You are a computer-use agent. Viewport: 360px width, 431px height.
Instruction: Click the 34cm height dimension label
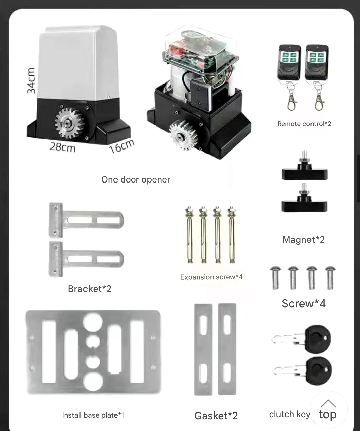(x=31, y=80)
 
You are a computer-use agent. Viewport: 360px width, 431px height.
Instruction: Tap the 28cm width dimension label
(x=62, y=147)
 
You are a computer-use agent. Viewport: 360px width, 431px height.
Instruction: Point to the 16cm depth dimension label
(x=122, y=146)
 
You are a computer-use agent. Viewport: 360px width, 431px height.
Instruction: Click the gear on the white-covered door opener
(x=70, y=123)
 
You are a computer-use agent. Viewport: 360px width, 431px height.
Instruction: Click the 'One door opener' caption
(x=136, y=179)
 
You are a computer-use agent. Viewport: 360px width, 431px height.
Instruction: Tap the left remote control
(x=290, y=76)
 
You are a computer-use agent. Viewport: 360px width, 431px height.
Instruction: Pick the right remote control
(x=317, y=76)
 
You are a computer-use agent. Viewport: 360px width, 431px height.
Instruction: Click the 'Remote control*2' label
(x=304, y=124)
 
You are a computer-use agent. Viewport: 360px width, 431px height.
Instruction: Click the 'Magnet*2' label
(x=303, y=240)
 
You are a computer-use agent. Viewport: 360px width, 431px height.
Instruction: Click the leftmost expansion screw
(x=190, y=235)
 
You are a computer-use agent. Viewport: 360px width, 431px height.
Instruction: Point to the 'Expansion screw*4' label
(x=211, y=277)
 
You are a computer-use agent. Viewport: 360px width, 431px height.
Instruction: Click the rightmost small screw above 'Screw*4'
(x=330, y=278)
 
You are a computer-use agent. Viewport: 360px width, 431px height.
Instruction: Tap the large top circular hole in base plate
(x=93, y=322)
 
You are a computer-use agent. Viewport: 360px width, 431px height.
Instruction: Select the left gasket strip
(x=203, y=350)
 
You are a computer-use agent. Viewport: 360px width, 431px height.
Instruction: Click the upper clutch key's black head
(x=318, y=339)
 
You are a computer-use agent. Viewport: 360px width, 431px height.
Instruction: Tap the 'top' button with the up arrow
(x=328, y=410)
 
